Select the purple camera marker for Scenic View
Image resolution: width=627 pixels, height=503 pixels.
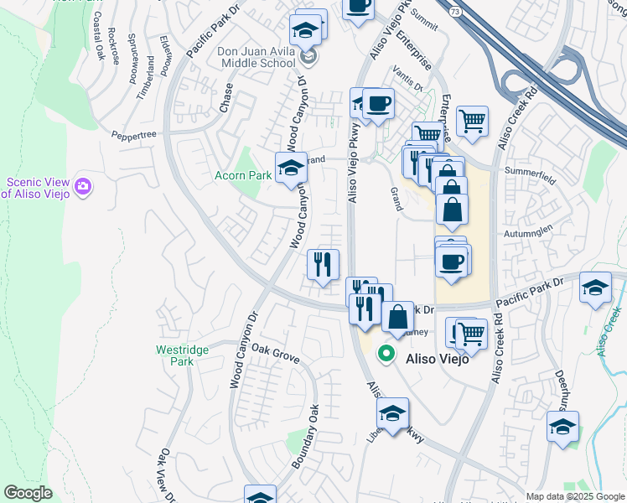(82, 185)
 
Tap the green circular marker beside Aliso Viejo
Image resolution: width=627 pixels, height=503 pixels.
(386, 355)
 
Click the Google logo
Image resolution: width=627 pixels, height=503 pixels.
(28, 493)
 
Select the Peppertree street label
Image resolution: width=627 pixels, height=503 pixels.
(135, 133)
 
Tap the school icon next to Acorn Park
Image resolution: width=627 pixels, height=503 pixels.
(292, 168)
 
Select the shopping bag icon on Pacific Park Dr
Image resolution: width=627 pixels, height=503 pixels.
(398, 318)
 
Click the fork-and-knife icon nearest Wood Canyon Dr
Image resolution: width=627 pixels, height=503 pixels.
(323, 265)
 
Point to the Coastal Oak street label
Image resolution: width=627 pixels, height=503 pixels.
(100, 37)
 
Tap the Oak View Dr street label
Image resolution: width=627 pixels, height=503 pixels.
(164, 475)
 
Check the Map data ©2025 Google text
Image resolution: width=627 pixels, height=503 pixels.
(575, 496)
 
